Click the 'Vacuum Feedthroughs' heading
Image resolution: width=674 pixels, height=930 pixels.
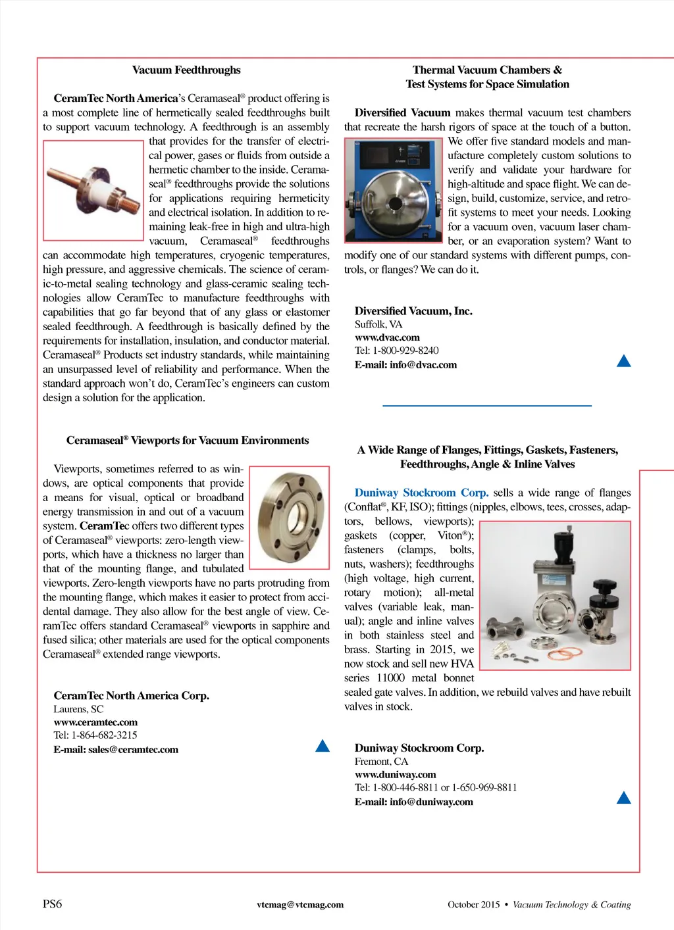point(186,70)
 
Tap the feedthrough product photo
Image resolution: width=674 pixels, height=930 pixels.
point(93,189)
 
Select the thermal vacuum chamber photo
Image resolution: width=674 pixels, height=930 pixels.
point(394,191)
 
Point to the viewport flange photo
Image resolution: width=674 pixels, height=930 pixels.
point(290,518)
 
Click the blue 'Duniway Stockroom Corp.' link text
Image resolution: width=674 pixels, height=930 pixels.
point(421,493)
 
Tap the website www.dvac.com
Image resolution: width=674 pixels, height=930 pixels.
point(387,337)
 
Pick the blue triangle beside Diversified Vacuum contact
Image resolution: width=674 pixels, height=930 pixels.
point(624,360)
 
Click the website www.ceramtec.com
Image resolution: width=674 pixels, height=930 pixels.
point(95,722)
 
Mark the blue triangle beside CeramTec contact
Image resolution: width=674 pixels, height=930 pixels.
point(323,746)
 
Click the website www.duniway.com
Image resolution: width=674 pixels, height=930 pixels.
point(395,775)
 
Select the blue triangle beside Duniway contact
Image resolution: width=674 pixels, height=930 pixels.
point(624,798)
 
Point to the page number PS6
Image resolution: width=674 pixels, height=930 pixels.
point(53,904)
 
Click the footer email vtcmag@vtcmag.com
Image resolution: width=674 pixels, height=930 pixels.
point(300,905)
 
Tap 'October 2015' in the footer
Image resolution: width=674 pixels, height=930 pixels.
point(474,905)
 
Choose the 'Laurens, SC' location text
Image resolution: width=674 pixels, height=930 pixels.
point(78,709)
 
